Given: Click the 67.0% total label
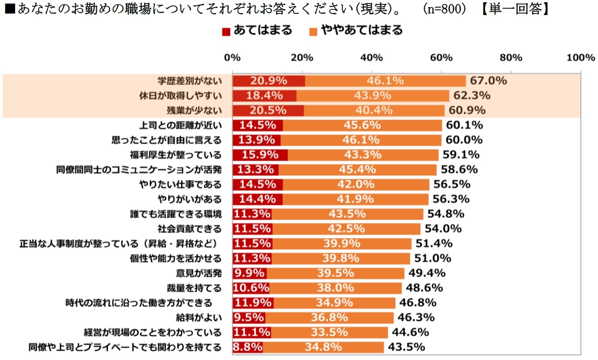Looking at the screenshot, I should [x=487, y=81].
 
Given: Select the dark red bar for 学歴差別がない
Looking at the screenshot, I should [x=268, y=81].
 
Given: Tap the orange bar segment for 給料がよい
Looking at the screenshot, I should [x=329, y=317].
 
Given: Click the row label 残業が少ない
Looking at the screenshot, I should [x=196, y=110].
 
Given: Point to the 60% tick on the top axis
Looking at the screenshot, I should [x=441, y=58].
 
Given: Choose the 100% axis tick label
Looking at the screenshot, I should [x=580, y=58].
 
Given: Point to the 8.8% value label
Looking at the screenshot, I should [x=247, y=347].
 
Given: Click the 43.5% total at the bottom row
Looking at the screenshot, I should [x=406, y=347].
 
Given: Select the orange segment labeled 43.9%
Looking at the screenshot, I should [x=372, y=95].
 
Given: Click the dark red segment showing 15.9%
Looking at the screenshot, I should [x=260, y=155].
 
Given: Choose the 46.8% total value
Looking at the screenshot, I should [x=417, y=302].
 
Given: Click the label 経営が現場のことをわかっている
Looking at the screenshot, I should [x=153, y=332].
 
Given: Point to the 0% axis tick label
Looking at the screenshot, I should [x=232, y=58].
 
